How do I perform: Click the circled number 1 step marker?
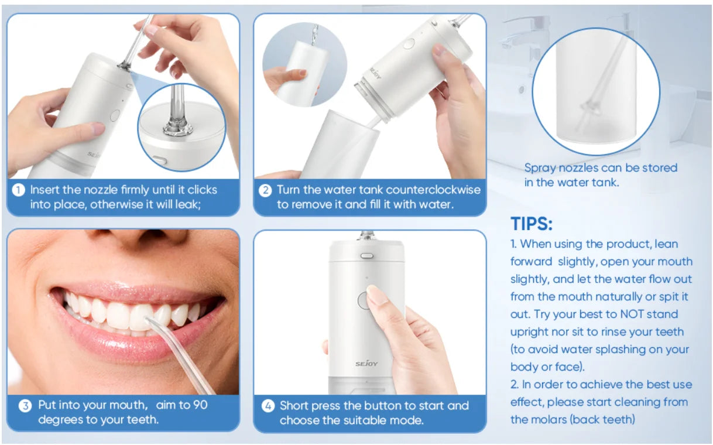(x=19, y=190)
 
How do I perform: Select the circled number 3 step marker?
(x=25, y=405)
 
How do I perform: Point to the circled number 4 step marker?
(x=268, y=406)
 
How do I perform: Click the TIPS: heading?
(x=532, y=224)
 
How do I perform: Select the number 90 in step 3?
(x=199, y=405)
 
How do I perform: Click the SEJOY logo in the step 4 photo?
(x=365, y=363)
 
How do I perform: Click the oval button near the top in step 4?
(x=367, y=256)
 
